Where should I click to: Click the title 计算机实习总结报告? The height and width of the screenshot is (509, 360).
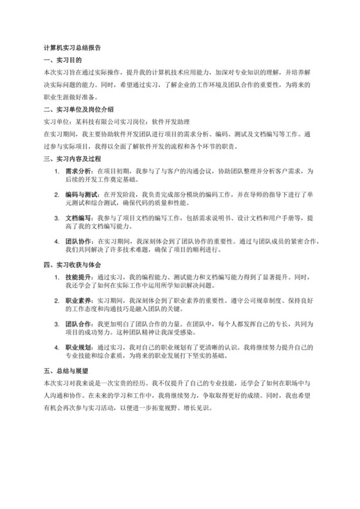(x=71, y=48)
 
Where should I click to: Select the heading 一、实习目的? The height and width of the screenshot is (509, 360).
(x=60, y=60)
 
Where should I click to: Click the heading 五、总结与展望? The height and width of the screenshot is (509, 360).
(x=65, y=371)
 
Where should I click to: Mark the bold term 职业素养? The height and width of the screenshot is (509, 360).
(x=77, y=300)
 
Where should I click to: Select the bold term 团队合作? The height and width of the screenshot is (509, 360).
(x=77, y=324)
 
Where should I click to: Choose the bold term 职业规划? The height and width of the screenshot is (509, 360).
(x=77, y=347)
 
